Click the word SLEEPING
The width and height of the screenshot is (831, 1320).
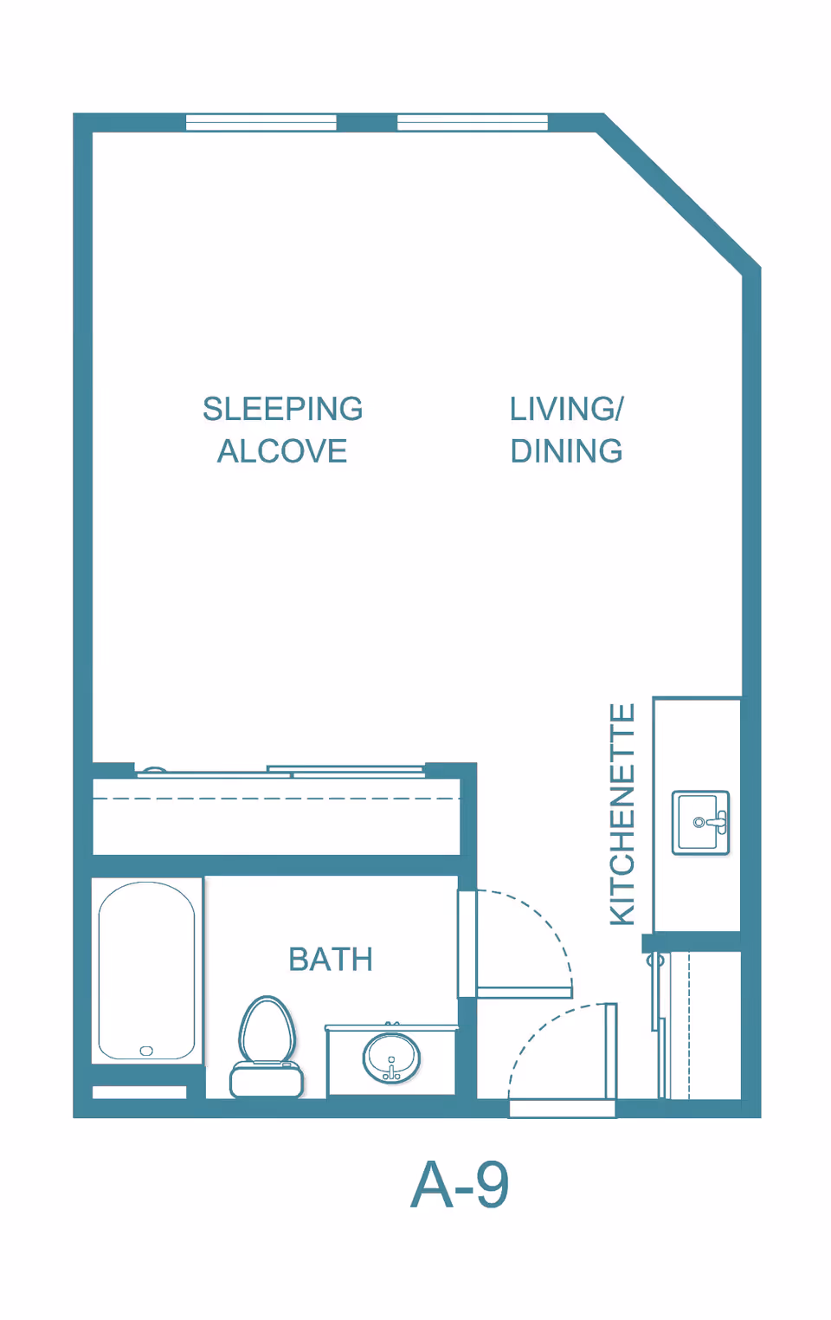pyautogui.click(x=282, y=409)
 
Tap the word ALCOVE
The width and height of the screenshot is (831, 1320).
pyautogui.click(x=282, y=451)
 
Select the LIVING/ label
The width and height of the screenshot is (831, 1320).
pyautogui.click(x=566, y=409)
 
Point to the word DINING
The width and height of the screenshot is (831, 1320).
pyautogui.click(x=566, y=451)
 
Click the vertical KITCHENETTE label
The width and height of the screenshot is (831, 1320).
pyautogui.click(x=622, y=814)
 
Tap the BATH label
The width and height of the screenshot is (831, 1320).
pyautogui.click(x=331, y=960)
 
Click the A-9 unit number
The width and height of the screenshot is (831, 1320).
pyautogui.click(x=460, y=1185)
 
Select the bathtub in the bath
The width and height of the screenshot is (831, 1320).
pyautogui.click(x=146, y=970)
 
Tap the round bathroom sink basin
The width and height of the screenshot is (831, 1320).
pyautogui.click(x=391, y=1058)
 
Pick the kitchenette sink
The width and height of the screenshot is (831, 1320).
pyautogui.click(x=700, y=822)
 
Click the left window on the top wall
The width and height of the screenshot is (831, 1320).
pyautogui.click(x=261, y=122)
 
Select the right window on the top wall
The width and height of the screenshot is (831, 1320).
pyautogui.click(x=472, y=122)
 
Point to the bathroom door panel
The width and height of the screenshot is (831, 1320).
pyautogui.click(x=524, y=993)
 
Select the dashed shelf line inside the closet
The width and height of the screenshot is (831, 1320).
pyautogui.click(x=277, y=799)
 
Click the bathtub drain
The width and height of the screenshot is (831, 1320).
pyautogui.click(x=146, y=1051)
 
